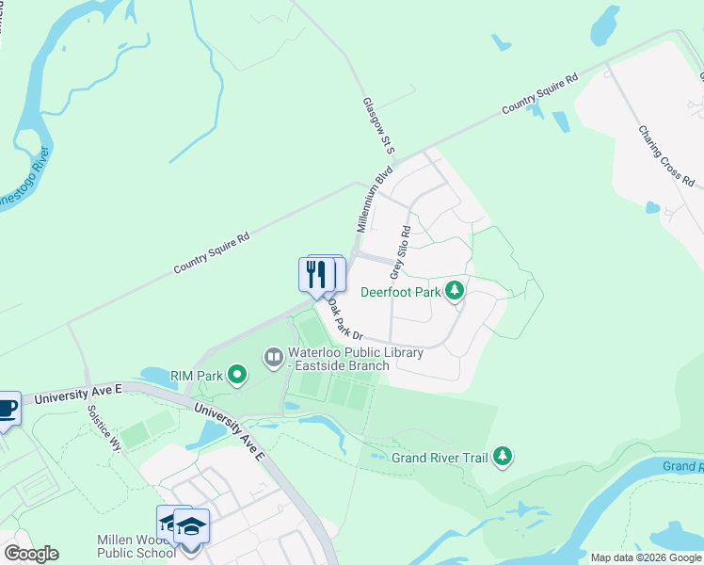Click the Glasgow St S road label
click(376, 125)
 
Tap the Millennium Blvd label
click(374, 202)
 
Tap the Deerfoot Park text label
click(401, 292)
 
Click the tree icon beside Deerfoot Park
click(456, 291)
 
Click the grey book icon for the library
click(273, 356)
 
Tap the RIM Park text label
click(197, 376)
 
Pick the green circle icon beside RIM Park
click(237, 377)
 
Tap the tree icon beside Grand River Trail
click(504, 458)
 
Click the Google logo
click(31, 554)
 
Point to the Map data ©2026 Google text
click(646, 557)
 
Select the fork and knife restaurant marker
click(317, 275)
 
